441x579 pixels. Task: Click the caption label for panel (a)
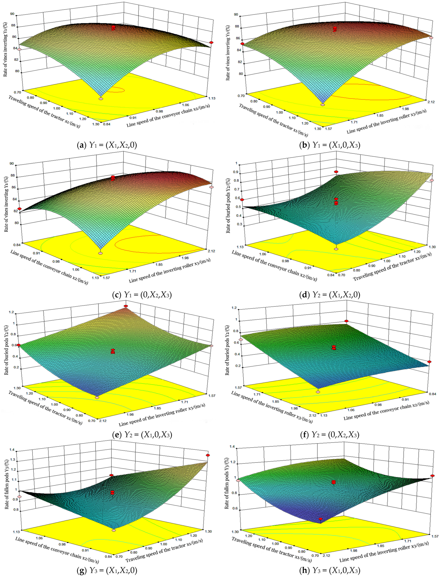(x=107, y=145)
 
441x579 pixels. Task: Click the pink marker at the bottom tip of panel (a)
(x=101, y=99)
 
